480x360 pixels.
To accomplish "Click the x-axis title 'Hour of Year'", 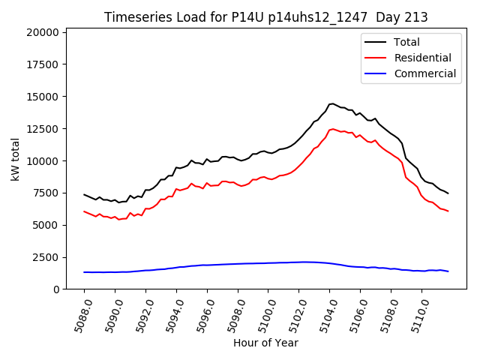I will click(x=265, y=343).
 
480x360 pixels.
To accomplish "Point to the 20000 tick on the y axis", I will click(x=43, y=32).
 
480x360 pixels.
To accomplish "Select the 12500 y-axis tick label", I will click(x=43, y=129).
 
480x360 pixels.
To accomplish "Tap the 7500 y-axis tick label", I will click(x=46, y=193).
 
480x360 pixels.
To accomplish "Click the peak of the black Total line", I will click(x=331, y=103).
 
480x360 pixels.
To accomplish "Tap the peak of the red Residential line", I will click(x=333, y=129).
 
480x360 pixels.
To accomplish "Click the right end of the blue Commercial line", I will click(x=448, y=271).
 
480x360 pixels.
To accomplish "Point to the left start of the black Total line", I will click(x=84, y=194).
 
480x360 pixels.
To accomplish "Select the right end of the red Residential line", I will click(x=448, y=211).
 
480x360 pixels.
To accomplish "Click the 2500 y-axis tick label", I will click(x=46, y=257).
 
